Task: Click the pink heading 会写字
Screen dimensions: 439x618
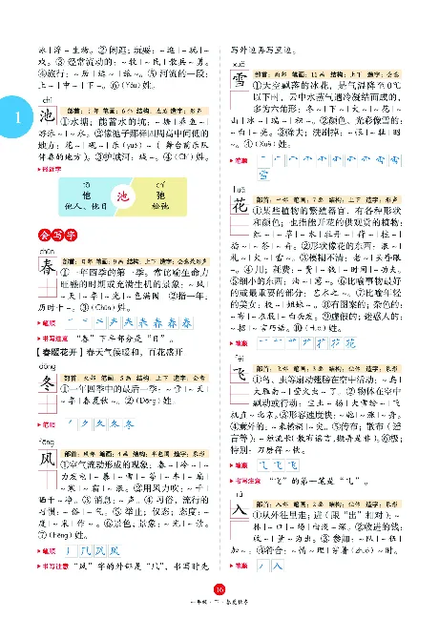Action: point(53,234)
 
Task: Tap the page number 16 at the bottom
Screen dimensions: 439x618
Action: point(219,588)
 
